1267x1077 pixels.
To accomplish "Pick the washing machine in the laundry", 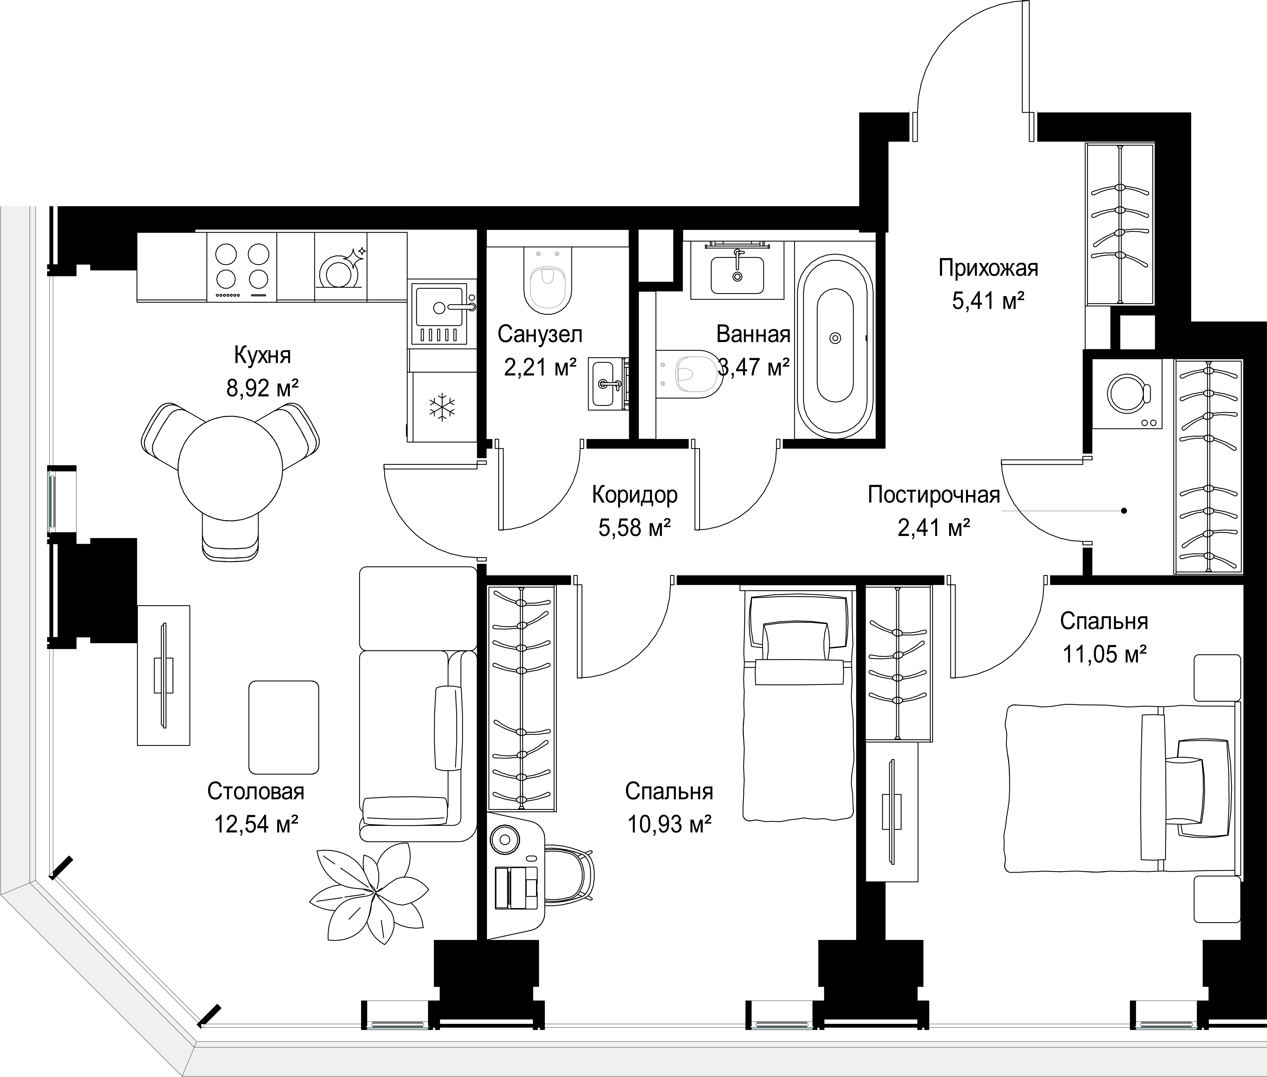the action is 1127,394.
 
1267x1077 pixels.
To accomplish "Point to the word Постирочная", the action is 934,495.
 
